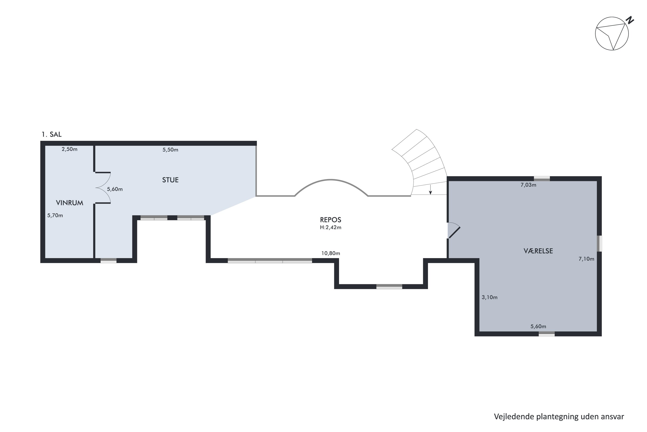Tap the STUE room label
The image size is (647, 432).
click(x=170, y=180)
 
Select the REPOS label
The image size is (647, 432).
click(x=330, y=220)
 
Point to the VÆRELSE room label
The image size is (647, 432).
click(x=538, y=251)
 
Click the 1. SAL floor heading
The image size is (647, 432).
click(x=52, y=134)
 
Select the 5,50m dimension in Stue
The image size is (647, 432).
click(x=170, y=150)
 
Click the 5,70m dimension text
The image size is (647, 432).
click(x=55, y=215)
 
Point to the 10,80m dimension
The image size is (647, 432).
click(x=331, y=253)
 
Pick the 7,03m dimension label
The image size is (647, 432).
click(x=528, y=185)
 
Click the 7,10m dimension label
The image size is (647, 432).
click(x=586, y=259)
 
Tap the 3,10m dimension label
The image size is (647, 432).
click(x=489, y=297)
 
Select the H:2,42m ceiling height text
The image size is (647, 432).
click(x=330, y=227)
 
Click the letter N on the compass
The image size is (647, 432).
click(x=630, y=20)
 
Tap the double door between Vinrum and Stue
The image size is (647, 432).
click(x=103, y=188)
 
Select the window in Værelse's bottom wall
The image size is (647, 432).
click(x=546, y=334)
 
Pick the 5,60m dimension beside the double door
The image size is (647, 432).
click(x=115, y=189)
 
